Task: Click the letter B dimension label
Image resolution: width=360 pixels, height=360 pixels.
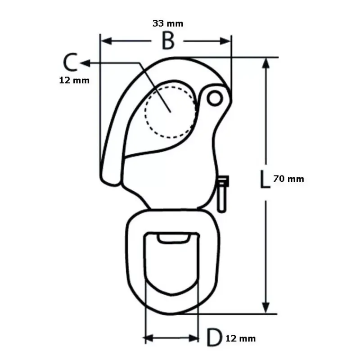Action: click(x=168, y=41)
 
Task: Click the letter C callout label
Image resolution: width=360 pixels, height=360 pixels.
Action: click(x=71, y=62)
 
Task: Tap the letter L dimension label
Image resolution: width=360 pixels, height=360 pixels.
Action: click(x=265, y=179)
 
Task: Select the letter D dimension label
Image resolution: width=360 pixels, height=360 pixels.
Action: click(x=215, y=337)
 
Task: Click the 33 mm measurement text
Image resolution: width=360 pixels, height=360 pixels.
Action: click(x=168, y=23)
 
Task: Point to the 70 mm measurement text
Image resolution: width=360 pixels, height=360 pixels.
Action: click(x=288, y=179)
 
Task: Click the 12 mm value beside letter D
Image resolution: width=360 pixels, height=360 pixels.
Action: click(x=241, y=338)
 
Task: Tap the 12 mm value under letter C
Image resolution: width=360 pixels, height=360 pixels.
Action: click(x=74, y=81)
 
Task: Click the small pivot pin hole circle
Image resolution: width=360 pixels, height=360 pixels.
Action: click(x=215, y=98)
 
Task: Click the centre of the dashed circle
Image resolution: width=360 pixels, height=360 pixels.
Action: click(x=171, y=112)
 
